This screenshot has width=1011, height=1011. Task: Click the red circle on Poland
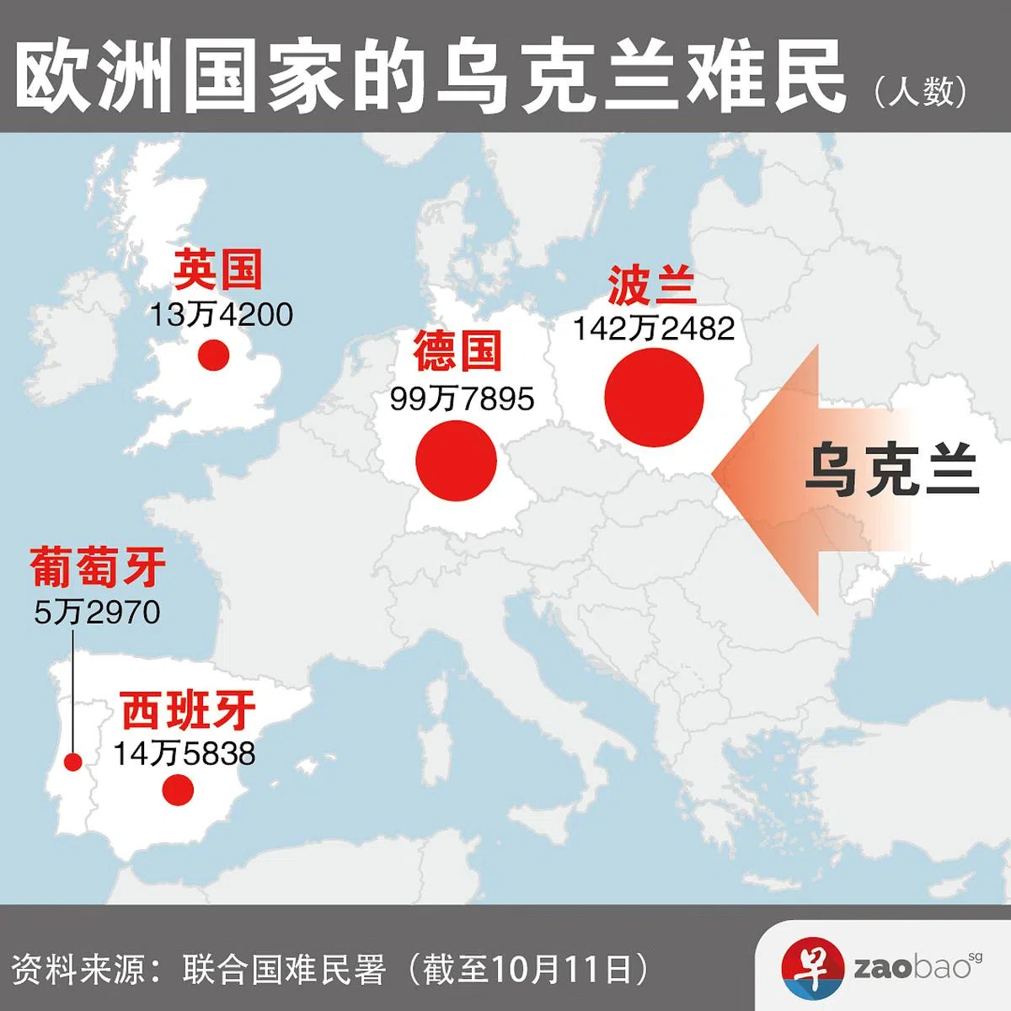(x=654, y=399)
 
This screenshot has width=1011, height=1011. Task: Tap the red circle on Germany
(x=457, y=461)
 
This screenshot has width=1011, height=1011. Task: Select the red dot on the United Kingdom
(x=214, y=355)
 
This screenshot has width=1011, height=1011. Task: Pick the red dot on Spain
(x=179, y=790)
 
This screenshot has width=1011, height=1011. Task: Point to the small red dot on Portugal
(x=73, y=762)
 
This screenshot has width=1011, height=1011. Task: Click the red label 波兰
(x=652, y=285)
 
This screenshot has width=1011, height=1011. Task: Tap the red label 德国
(x=457, y=350)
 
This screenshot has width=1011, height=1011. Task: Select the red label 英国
(x=218, y=270)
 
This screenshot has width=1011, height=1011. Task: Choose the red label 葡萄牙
(x=98, y=566)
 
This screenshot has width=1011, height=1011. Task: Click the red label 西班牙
(x=188, y=711)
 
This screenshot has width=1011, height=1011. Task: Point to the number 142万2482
(x=654, y=329)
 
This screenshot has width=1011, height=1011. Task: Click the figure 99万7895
(x=462, y=399)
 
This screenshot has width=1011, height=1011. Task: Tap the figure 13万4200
(x=222, y=315)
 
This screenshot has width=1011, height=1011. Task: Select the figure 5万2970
(x=98, y=612)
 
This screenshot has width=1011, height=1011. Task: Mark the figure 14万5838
(x=185, y=753)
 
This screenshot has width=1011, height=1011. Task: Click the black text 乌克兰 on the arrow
(x=891, y=470)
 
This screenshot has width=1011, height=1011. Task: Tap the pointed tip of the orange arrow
(x=714, y=473)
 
